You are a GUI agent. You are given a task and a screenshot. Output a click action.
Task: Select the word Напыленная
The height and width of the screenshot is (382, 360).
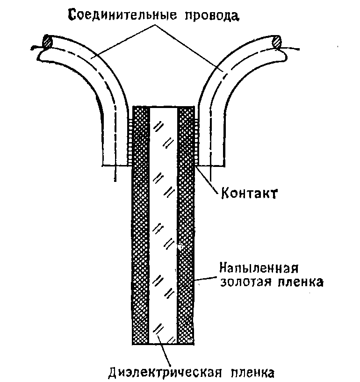pos(259,269)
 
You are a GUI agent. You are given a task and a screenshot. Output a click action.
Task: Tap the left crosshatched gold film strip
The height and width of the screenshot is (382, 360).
pos(140,234)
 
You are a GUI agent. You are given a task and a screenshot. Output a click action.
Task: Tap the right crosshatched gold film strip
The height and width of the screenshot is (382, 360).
pos(186,234)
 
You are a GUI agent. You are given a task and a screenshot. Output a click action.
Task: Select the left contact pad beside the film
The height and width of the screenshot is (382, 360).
pos(130,140)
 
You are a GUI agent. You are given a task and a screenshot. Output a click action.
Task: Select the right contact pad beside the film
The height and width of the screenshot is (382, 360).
pos(197,140)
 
